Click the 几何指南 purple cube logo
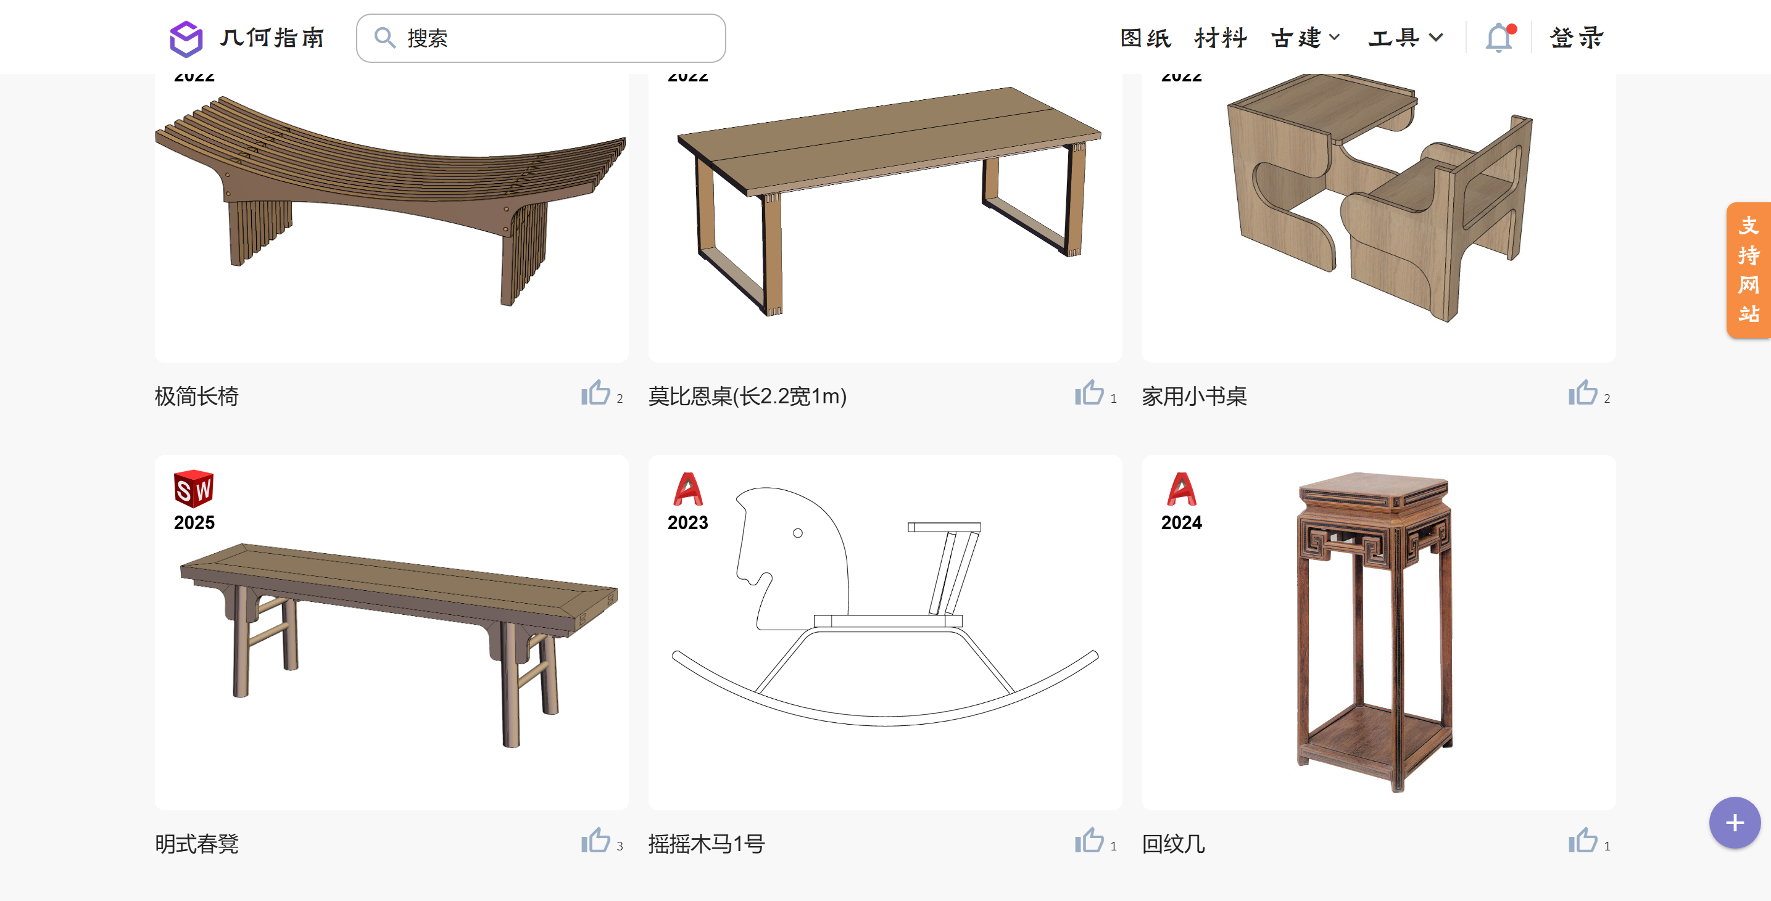[186, 38]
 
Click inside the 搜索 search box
[550, 38]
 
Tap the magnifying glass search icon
[384, 38]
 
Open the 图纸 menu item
[1145, 38]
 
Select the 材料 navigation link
[1221, 38]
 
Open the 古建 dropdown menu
[1304, 38]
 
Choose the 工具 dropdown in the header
[1404, 38]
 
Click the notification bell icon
[1499, 38]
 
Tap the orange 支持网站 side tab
[1748, 270]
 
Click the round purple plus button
[1734, 823]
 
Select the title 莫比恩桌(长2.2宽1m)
[747, 397]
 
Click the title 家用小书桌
[1194, 397]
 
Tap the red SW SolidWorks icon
[194, 488]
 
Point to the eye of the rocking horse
[797, 533]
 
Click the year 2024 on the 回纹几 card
[1181, 523]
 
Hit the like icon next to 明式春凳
[595, 841]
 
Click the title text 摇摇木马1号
[706, 844]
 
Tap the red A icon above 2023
[687, 488]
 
